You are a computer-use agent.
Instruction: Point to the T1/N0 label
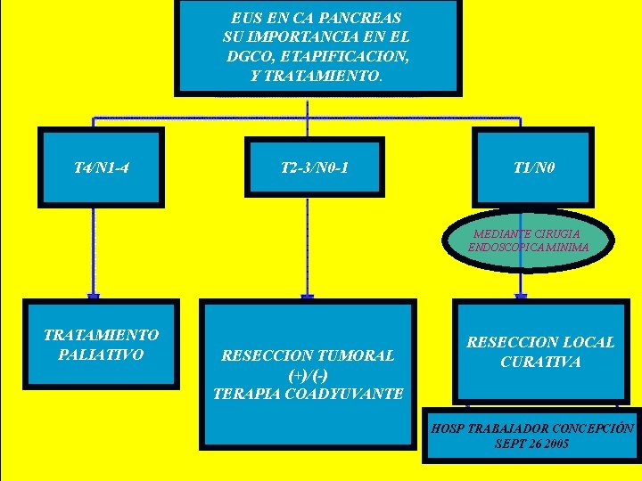click(534, 166)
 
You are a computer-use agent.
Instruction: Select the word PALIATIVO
click(101, 355)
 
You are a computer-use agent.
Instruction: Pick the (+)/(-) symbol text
click(309, 374)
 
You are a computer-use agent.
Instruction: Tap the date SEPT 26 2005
click(532, 444)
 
